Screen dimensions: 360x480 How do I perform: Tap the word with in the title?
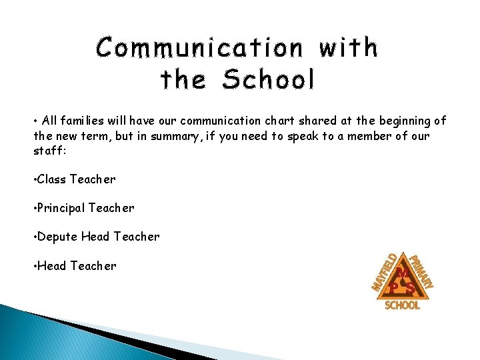point(349,48)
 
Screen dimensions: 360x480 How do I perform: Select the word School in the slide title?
point(268,80)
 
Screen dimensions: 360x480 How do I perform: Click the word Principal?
point(62,208)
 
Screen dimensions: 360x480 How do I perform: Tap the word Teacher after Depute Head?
point(137,237)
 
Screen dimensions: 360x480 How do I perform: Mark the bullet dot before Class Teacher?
point(35,179)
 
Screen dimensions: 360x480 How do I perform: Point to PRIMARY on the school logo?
point(421,271)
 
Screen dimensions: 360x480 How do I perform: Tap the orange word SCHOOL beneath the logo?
point(403,305)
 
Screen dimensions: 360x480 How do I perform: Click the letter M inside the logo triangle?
point(403,273)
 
